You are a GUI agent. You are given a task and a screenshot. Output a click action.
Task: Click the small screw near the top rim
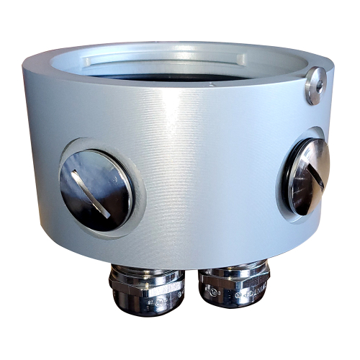(x=314, y=86)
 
